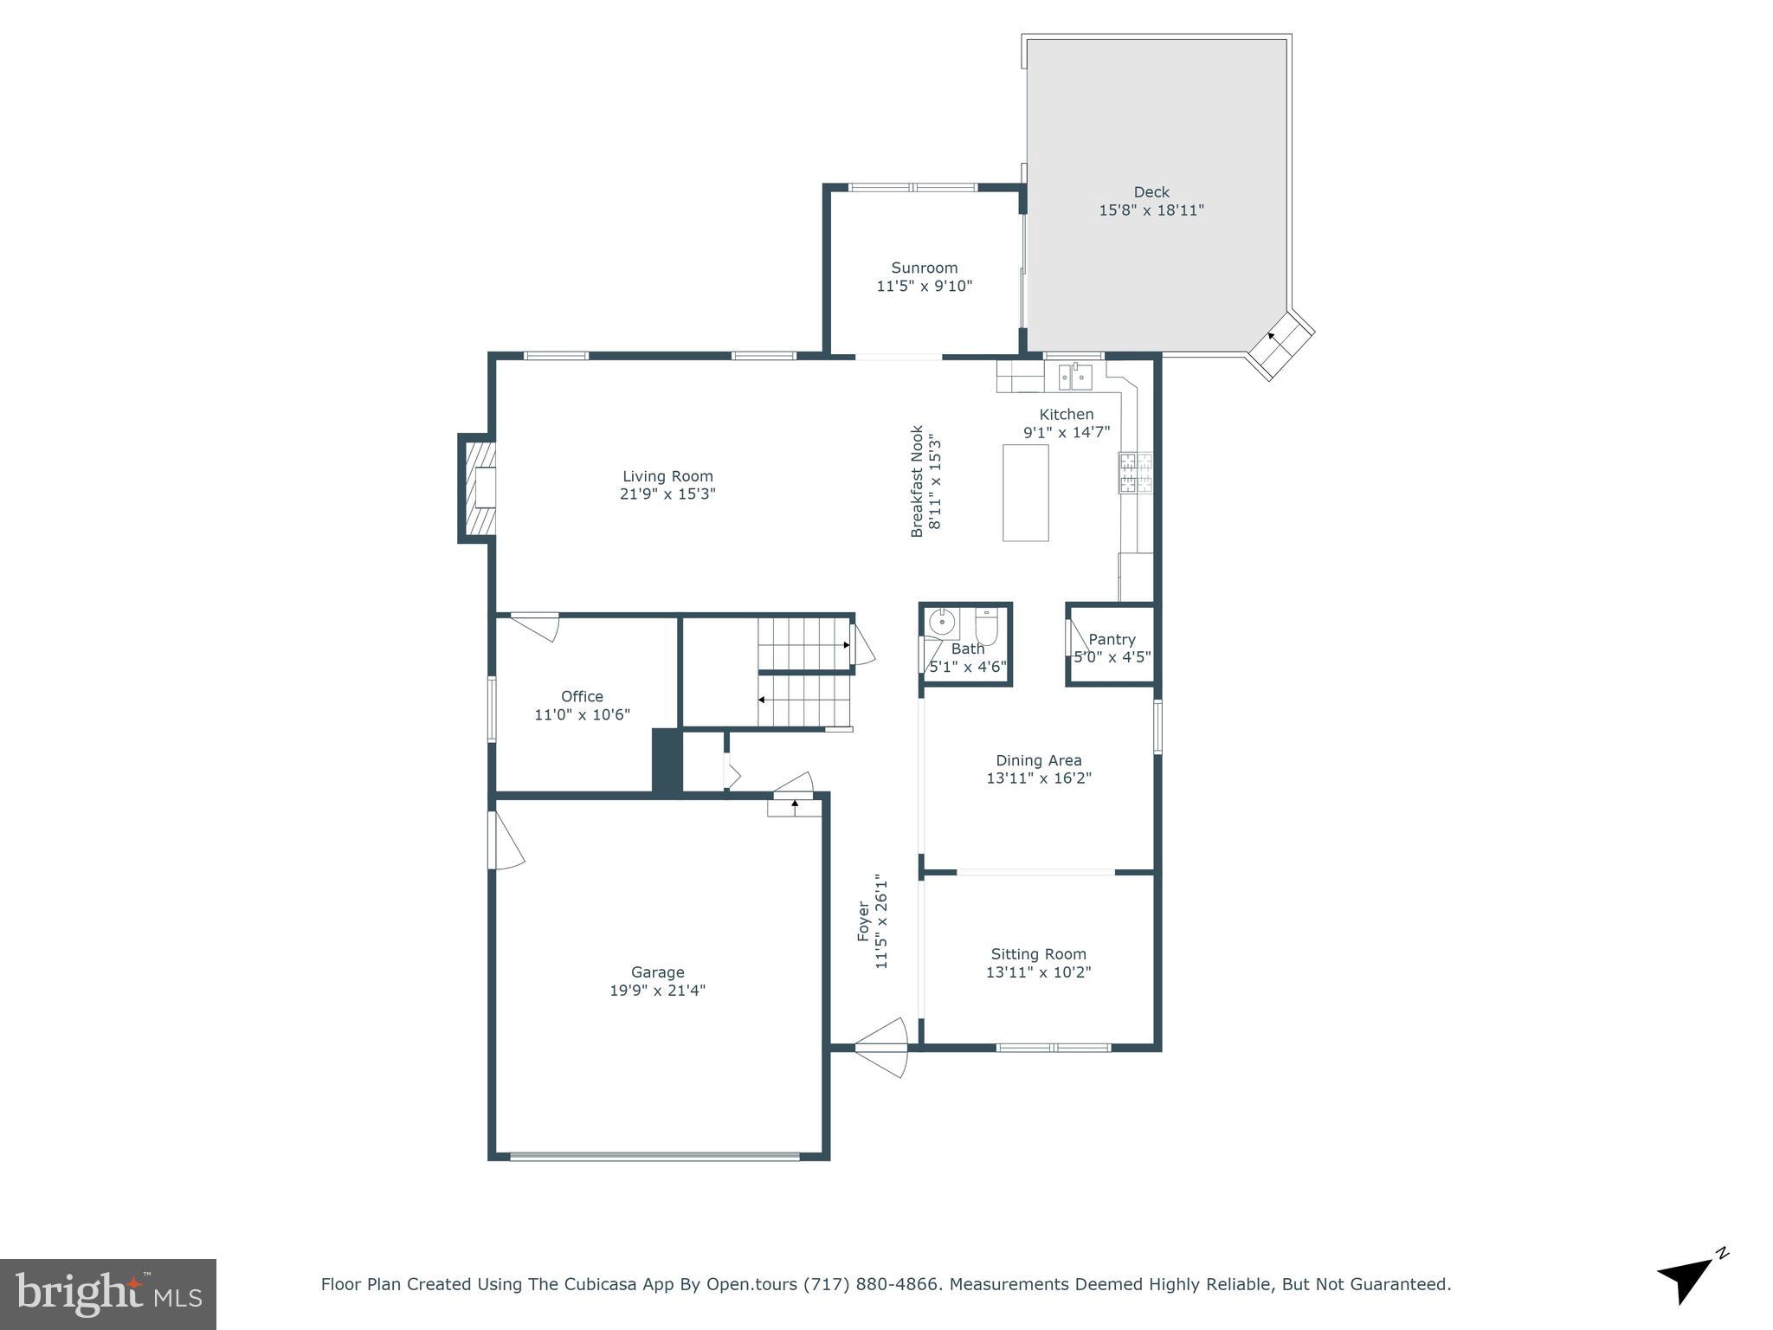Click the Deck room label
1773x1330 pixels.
1151,192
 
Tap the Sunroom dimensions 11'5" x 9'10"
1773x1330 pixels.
924,286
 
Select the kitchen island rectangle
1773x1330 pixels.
1025,493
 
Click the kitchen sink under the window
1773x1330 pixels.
1074,378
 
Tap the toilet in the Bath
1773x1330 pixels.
987,625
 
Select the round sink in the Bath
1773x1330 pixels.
941,622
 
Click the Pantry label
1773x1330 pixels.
1112,639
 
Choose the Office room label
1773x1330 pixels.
582,696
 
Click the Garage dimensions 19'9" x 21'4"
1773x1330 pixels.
657,991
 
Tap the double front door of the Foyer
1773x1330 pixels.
881,1048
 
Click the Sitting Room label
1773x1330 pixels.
1038,954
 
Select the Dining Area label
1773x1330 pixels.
1038,760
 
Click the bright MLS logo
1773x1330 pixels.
108,1294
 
